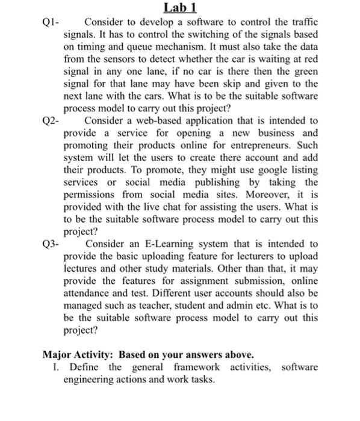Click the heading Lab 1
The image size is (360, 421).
tap(179, 8)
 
